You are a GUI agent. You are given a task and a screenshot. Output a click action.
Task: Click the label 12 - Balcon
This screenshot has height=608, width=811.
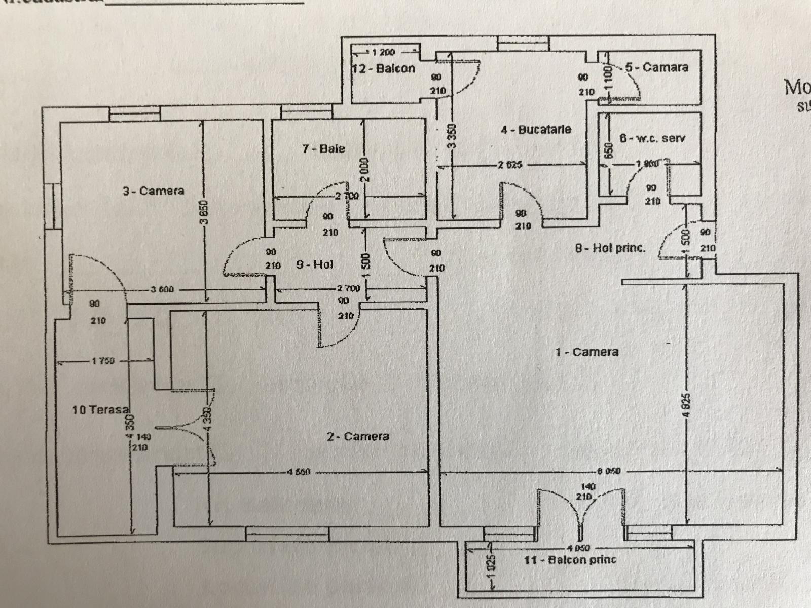(384, 68)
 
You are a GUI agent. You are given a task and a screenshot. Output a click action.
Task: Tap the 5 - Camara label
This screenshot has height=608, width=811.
(656, 67)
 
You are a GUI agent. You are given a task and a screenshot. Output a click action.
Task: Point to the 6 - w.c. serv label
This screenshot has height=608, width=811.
(652, 138)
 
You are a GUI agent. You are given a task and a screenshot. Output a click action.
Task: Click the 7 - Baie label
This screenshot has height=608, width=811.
(323, 148)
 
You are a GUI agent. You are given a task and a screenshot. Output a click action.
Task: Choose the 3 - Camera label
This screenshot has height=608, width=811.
(153, 191)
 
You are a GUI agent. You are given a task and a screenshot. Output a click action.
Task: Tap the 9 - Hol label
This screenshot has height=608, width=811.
(314, 264)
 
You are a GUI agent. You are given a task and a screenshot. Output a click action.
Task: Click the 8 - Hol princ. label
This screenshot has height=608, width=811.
(610, 248)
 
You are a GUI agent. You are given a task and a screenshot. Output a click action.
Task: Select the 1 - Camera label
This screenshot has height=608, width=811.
(586, 352)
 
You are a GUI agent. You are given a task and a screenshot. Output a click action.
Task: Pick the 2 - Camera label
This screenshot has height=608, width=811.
(358, 436)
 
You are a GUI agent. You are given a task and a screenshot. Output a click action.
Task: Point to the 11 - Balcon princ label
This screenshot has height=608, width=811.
(570, 560)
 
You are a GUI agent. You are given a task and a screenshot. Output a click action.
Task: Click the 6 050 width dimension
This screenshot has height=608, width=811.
(608, 471)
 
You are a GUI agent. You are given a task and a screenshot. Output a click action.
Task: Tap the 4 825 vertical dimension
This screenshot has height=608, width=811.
(686, 405)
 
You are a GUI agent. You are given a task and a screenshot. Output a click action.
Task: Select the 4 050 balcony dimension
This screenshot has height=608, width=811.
(579, 548)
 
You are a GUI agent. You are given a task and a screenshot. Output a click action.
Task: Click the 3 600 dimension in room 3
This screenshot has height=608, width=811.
(162, 290)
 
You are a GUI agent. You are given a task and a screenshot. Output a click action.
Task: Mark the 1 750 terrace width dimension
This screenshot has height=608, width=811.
(103, 361)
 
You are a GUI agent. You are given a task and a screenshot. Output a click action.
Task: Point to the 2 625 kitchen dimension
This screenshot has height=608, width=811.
(510, 165)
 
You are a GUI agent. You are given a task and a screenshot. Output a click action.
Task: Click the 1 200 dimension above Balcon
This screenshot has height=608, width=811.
(383, 52)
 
